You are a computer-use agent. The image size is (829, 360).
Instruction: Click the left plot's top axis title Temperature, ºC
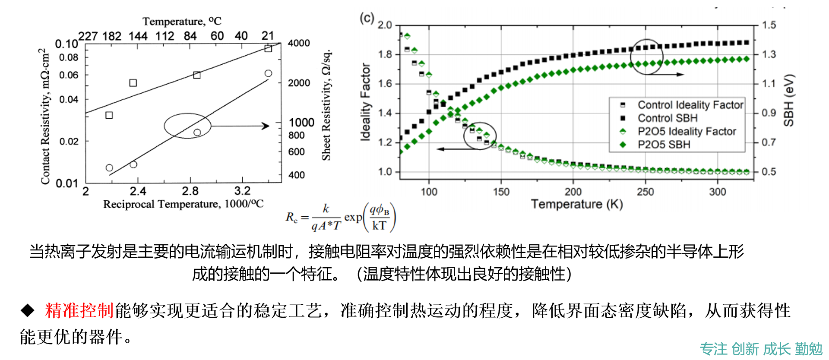182,21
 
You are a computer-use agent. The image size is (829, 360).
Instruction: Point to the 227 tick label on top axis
88,36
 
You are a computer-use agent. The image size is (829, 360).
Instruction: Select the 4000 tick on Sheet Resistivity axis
299,43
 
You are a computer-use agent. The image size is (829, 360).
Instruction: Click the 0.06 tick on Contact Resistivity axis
69,75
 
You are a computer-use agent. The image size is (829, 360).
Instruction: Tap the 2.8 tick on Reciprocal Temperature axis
190,191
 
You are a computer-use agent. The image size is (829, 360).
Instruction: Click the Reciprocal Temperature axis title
183,204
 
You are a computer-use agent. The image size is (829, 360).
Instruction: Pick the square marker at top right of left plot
268,48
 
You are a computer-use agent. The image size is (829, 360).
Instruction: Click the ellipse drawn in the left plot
187,126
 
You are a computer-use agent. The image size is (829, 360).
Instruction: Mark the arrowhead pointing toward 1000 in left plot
266,126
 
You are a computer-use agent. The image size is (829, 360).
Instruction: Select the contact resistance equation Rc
340,218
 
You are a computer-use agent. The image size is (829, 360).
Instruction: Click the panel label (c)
367,18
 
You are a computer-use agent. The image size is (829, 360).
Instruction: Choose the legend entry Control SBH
668,118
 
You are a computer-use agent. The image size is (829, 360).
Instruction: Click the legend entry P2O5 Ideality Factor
687,131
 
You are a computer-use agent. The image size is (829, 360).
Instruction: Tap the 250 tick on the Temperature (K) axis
645,192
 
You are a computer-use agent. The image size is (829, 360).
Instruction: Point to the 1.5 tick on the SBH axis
769,25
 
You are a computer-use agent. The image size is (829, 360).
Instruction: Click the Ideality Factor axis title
366,102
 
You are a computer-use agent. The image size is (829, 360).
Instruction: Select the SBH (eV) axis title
788,100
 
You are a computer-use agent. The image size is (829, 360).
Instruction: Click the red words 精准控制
79,310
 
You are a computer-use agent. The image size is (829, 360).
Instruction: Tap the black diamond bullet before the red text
28,310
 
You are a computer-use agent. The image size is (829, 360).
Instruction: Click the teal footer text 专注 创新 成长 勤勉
761,349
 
